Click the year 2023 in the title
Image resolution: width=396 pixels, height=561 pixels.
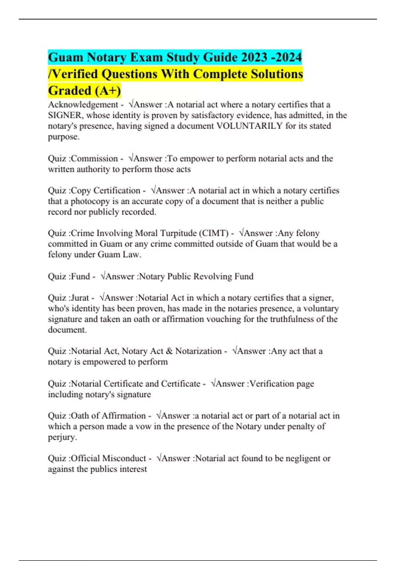pyautogui.click(x=254, y=57)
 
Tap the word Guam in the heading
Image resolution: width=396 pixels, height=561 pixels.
pyautogui.click(x=65, y=57)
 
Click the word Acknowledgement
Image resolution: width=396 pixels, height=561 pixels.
pyautogui.click(x=83, y=105)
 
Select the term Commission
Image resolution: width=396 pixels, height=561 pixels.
pyautogui.click(x=94, y=158)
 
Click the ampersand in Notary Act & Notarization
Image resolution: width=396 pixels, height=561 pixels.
pyautogui.click(x=169, y=351)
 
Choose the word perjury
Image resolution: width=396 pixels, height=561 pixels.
pyautogui.click(x=62, y=437)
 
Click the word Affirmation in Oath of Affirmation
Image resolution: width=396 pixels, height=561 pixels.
pyautogui.click(x=123, y=416)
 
